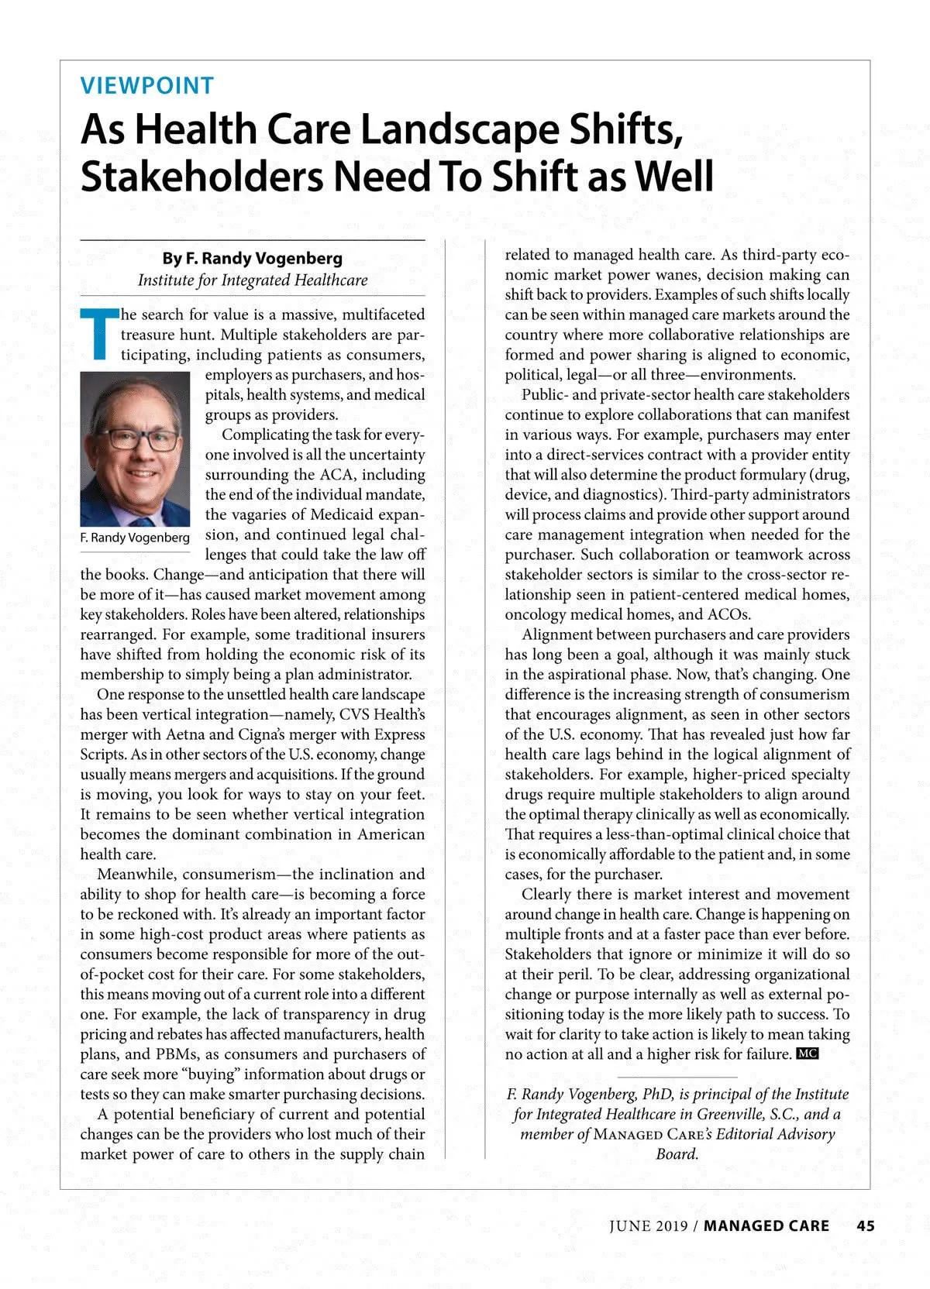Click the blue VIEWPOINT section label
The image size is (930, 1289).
click(x=147, y=85)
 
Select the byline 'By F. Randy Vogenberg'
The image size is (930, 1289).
click(x=252, y=259)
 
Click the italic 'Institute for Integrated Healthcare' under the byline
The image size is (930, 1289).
click(x=253, y=280)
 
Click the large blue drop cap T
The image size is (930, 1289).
click(x=98, y=335)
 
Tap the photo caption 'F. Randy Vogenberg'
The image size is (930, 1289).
click(x=135, y=538)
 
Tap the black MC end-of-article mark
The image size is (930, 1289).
click(x=808, y=1054)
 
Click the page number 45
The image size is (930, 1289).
click(x=866, y=1226)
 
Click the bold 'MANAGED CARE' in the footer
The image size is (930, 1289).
click(x=766, y=1226)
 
